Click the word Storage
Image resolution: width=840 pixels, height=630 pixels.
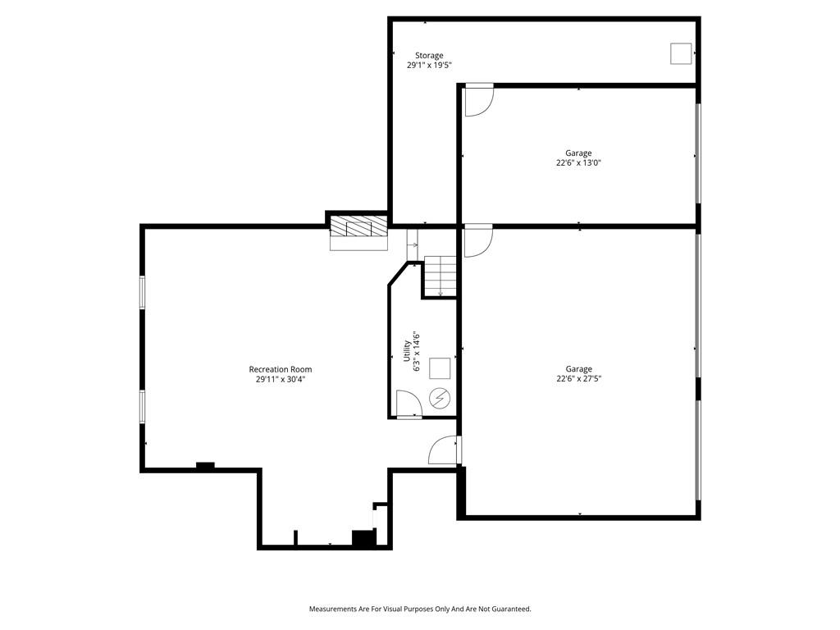coord(429,55)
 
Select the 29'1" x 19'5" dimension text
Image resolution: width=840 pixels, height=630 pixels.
coord(429,65)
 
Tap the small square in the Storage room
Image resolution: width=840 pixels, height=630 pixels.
coord(681,53)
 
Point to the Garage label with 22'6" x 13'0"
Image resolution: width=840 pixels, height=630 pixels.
coord(578,153)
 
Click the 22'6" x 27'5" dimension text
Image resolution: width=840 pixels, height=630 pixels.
coord(578,378)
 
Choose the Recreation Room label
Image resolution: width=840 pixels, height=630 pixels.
coord(281,369)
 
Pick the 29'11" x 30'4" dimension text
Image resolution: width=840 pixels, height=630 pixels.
coord(281,379)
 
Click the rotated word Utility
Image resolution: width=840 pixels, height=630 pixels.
coord(407,351)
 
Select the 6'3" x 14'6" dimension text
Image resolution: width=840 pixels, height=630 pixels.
coord(416,352)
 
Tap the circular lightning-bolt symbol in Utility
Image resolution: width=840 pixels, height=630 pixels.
coord(440,398)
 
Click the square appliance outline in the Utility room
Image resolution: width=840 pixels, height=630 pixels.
coord(440,368)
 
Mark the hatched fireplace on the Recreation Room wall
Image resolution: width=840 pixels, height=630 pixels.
coord(358,226)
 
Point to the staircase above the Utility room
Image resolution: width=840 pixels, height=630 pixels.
coord(441,276)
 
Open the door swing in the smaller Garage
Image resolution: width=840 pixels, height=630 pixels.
coord(479,99)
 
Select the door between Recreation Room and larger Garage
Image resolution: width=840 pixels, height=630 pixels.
coord(444,450)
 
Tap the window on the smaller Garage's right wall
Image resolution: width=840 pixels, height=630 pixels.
coord(697,153)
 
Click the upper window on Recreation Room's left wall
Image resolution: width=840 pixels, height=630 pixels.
coord(143,292)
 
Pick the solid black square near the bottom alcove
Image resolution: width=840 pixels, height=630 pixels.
coord(363,538)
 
